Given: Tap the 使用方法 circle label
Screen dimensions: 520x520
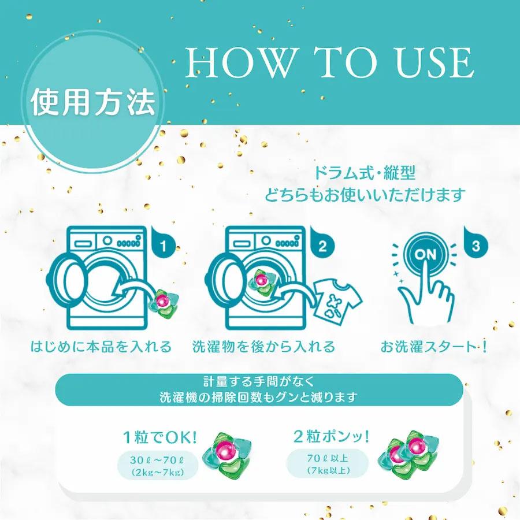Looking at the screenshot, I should [93, 102].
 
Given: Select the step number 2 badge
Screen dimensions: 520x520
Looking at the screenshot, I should [322, 246].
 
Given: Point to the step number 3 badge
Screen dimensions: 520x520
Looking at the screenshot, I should [475, 246].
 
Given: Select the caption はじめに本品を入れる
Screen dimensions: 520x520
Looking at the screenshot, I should [101, 347].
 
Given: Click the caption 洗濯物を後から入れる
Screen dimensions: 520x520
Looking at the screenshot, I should [263, 347].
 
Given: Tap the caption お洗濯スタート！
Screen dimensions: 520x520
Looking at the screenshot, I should [434, 347].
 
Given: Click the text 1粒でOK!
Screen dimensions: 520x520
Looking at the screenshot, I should [159, 437].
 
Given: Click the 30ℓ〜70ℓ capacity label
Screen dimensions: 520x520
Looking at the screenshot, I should [157, 466].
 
